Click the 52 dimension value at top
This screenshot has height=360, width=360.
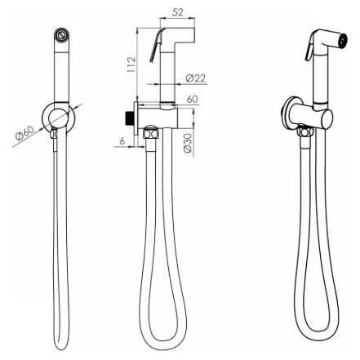[x=178, y=12]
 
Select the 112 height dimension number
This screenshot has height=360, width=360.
[x=131, y=64]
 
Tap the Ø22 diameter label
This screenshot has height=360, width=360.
[x=196, y=78]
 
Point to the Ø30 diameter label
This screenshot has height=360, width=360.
[x=188, y=143]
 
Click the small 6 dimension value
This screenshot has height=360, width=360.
[x=122, y=140]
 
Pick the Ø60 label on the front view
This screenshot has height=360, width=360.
[x=25, y=132]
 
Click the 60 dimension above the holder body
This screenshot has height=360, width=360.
[x=193, y=99]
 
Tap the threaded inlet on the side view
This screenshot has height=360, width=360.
[x=130, y=118]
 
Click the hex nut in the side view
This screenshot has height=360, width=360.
[x=151, y=133]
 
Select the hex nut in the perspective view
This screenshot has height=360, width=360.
[x=305, y=132]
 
